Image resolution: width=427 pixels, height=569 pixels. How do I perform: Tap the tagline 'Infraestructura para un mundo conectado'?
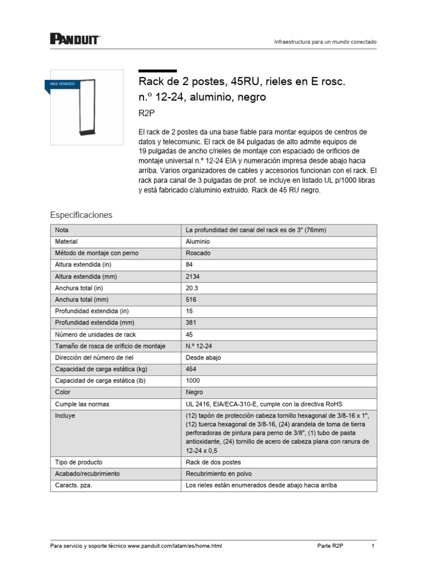[x=326, y=42]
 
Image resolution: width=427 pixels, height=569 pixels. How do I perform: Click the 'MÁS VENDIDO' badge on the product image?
[x=62, y=84]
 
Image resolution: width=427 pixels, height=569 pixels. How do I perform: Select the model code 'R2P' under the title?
[x=146, y=113]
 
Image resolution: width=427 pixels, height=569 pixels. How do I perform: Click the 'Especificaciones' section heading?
[x=81, y=214]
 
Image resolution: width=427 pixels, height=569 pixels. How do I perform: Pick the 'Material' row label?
[x=66, y=242]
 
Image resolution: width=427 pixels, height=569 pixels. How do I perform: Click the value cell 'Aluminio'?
[x=198, y=242]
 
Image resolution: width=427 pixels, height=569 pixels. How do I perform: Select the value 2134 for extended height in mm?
[x=192, y=277]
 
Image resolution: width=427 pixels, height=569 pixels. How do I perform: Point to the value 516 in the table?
[x=191, y=300]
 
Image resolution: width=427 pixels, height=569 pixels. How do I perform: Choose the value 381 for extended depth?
[x=191, y=323]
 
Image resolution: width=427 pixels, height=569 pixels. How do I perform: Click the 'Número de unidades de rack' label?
[x=95, y=335]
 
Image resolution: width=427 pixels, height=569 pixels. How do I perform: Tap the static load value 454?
[x=191, y=370]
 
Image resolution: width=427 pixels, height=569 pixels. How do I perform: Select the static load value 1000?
[x=192, y=381]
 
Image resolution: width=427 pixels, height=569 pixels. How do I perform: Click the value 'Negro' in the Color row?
[x=195, y=392]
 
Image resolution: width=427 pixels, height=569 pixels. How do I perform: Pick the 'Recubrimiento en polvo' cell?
[x=219, y=474]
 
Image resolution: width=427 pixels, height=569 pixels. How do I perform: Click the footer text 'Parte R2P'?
[x=330, y=546]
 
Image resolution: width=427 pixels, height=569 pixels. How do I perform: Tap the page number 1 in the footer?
[x=373, y=546]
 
